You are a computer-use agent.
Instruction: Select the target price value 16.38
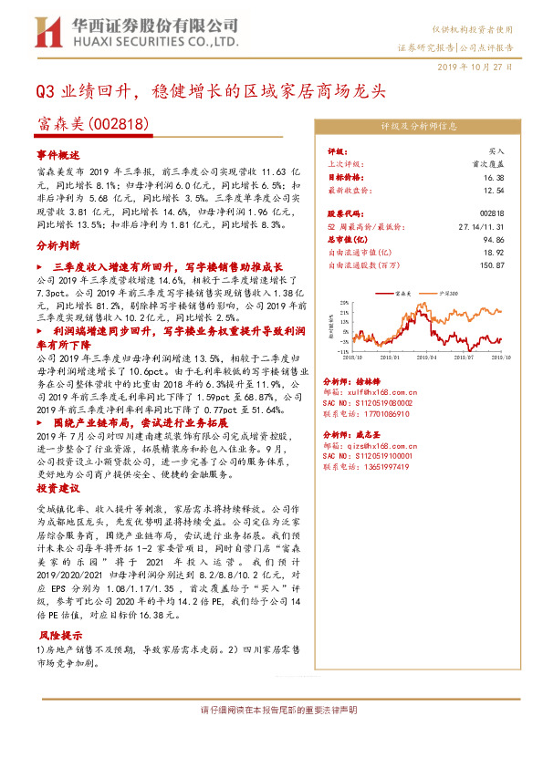pos(494,179)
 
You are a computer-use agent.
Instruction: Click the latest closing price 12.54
pos(494,191)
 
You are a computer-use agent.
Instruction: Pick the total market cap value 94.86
pos(494,242)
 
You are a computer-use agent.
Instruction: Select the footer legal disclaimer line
pos(271,709)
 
